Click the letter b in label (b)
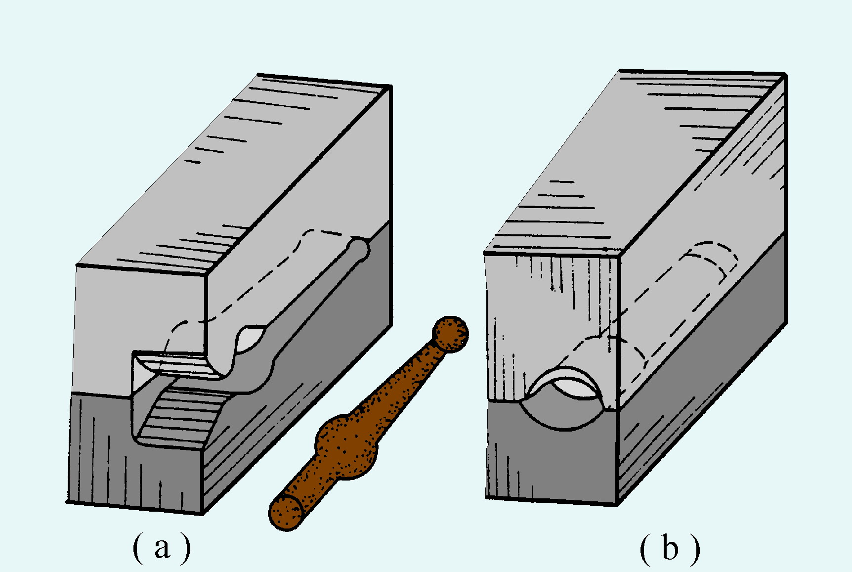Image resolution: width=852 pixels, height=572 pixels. point(670,548)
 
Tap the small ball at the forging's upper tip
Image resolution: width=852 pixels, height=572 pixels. point(450,334)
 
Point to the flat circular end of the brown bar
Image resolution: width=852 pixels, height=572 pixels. point(286,512)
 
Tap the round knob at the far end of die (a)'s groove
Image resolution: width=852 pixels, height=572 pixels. point(359,248)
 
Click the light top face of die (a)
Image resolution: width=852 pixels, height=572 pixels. point(232,173)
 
